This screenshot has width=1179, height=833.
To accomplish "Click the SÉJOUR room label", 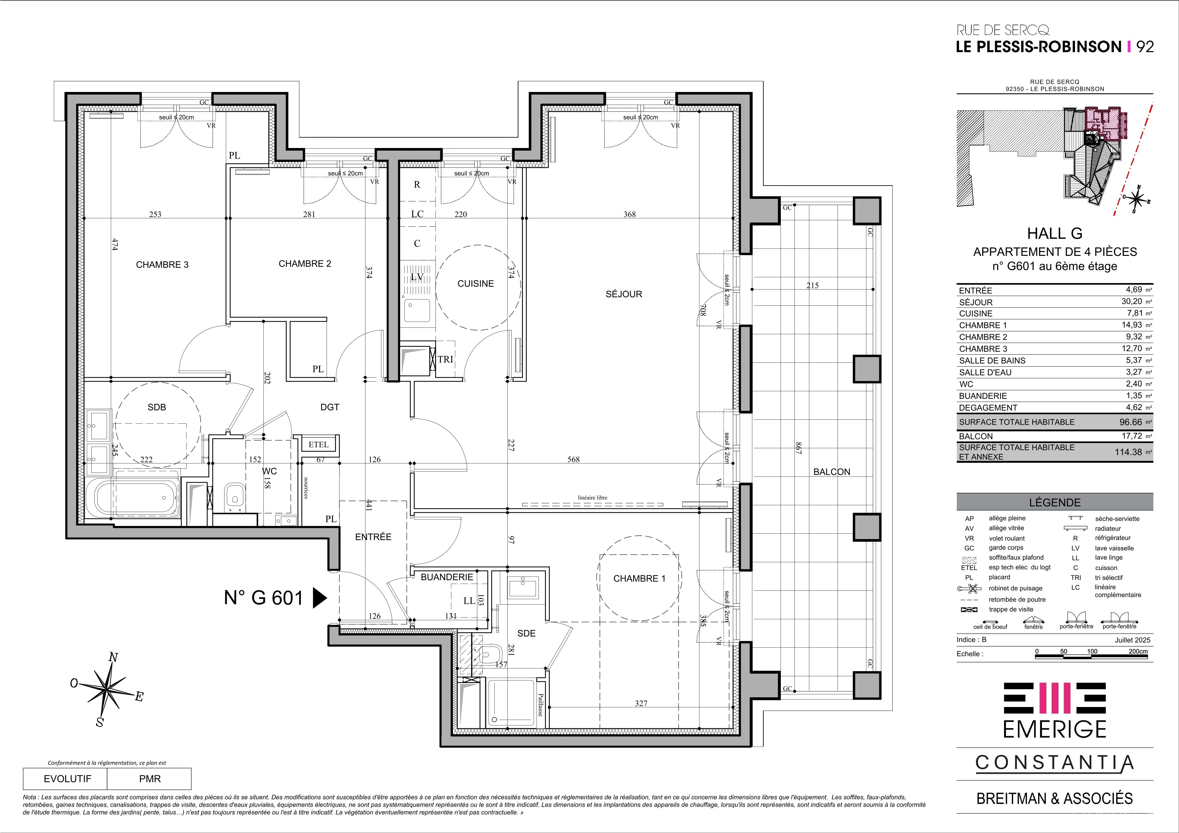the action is tap(624, 294).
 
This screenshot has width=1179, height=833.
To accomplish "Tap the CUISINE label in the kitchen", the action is tap(476, 283).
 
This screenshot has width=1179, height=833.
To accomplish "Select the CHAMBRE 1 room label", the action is tap(639, 578).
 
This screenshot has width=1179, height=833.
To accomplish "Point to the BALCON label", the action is tap(832, 472).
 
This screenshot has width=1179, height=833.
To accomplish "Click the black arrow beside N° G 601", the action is tap(320, 598).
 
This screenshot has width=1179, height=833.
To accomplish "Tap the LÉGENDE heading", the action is tap(1055, 502).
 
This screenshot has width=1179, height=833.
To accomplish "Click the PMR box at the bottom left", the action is tap(149, 779).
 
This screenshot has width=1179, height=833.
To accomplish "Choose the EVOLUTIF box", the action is tap(65, 779).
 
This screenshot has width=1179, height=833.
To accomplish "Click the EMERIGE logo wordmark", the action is tap(1055, 728).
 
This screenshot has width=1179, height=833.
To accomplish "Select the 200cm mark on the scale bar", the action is tap(1138, 651).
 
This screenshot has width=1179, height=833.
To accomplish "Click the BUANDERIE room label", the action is tap(447, 577).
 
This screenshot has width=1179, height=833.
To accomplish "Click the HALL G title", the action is tap(1055, 234).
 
